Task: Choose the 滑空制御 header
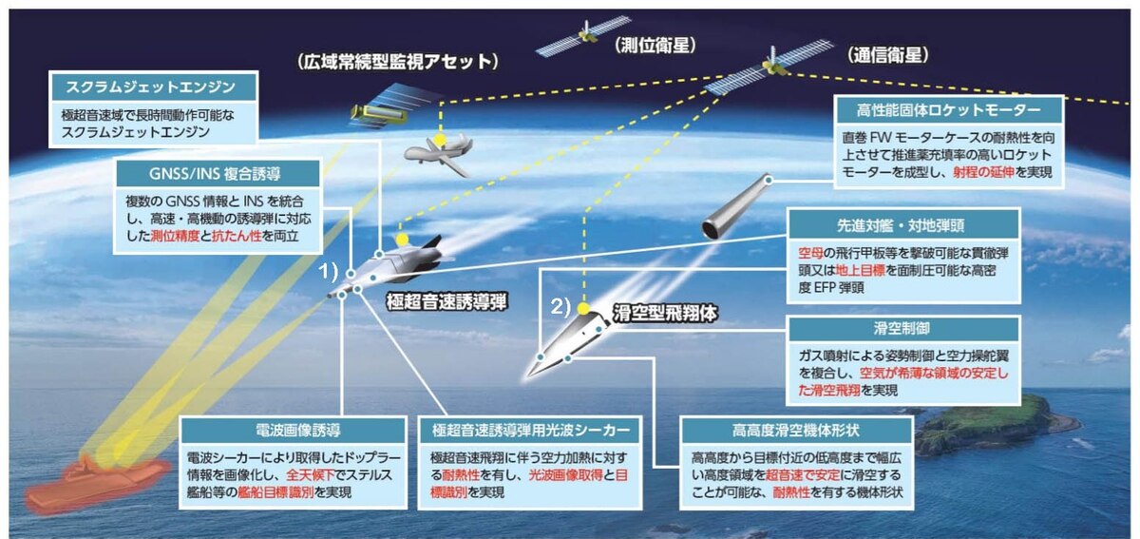[x=904, y=329]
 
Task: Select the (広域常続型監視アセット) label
[x=399, y=62]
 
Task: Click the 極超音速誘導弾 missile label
[x=446, y=302]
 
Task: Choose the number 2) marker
[x=562, y=307]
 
